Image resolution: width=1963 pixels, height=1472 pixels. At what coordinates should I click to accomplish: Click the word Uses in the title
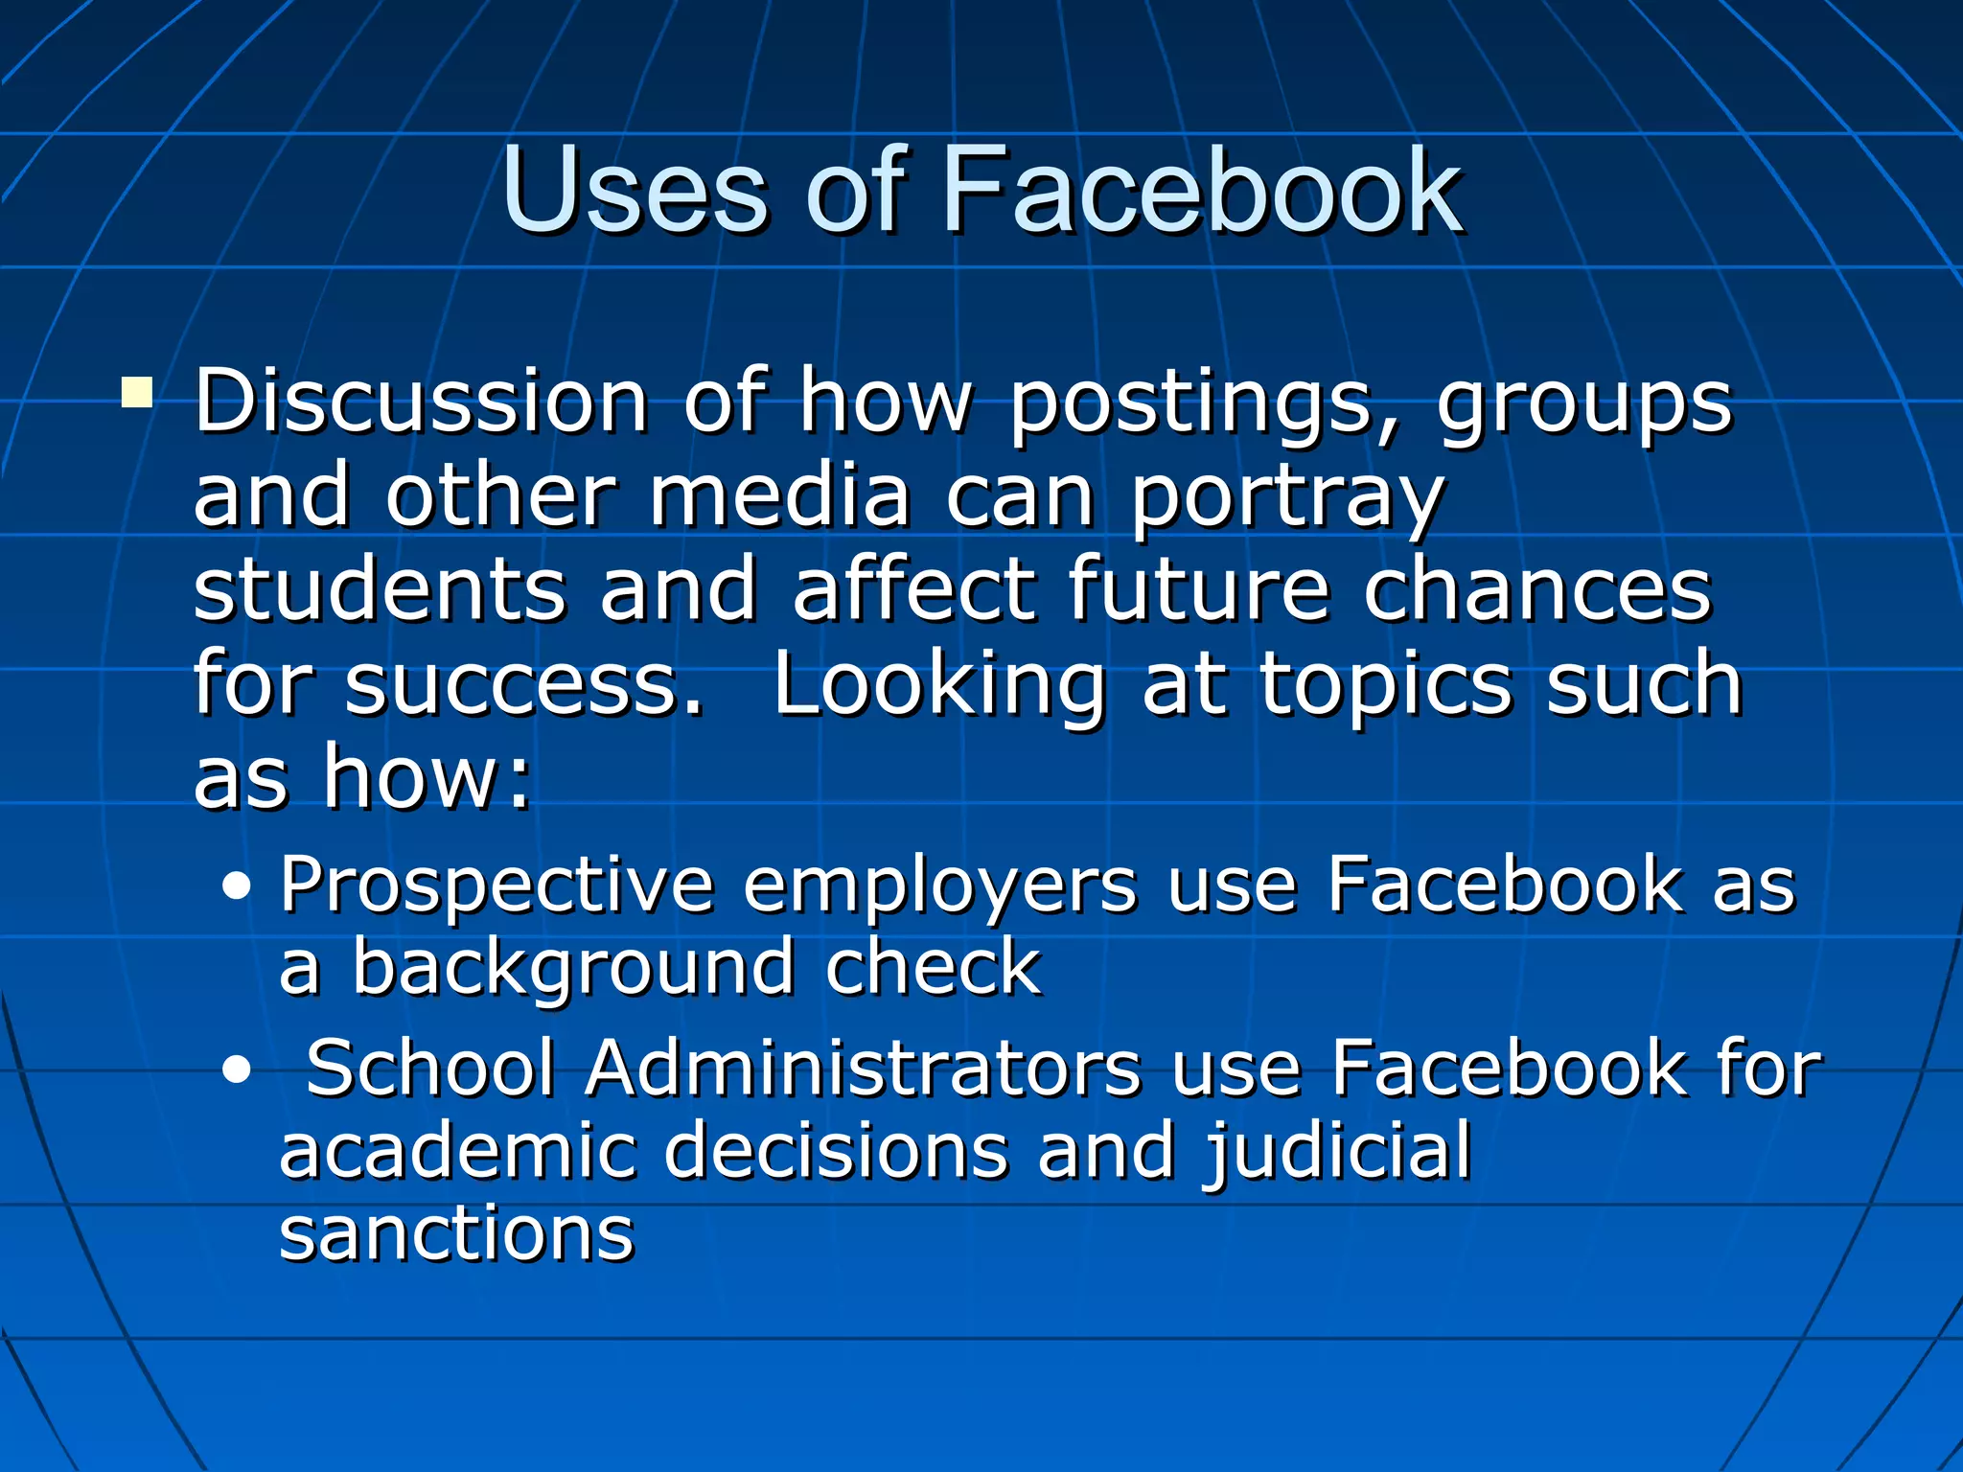(x=634, y=191)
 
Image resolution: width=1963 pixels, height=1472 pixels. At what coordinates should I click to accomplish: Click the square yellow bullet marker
(x=137, y=393)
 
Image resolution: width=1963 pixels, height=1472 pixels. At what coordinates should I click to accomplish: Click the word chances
(x=1536, y=589)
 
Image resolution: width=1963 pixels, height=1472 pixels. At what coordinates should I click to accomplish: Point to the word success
(x=523, y=684)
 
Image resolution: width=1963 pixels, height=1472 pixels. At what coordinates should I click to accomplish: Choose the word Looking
(x=939, y=686)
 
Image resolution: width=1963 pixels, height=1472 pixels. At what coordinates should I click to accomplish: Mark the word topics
(x=1385, y=686)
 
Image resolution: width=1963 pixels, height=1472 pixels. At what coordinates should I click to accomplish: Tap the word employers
(x=939, y=887)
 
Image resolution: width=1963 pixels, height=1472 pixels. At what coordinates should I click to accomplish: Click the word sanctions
(x=456, y=1234)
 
